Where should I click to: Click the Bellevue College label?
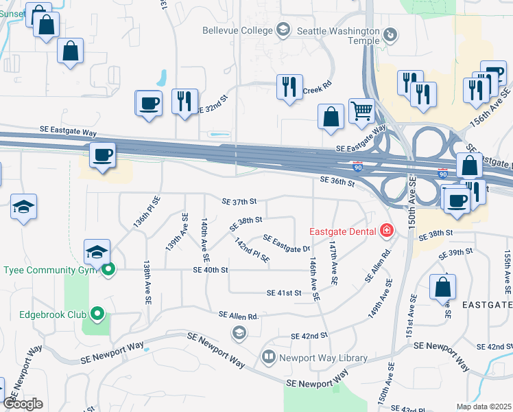pos(237,30)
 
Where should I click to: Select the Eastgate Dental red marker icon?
pos(387,230)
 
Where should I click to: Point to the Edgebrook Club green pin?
pos(97,314)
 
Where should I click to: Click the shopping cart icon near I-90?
pos(361,110)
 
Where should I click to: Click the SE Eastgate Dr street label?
pos(287,242)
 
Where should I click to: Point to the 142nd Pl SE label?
pos(252,251)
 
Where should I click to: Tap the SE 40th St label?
pos(211,270)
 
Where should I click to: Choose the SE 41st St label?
pos(284,293)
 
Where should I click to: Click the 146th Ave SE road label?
pos(314,279)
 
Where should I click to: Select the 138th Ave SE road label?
pos(147,282)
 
